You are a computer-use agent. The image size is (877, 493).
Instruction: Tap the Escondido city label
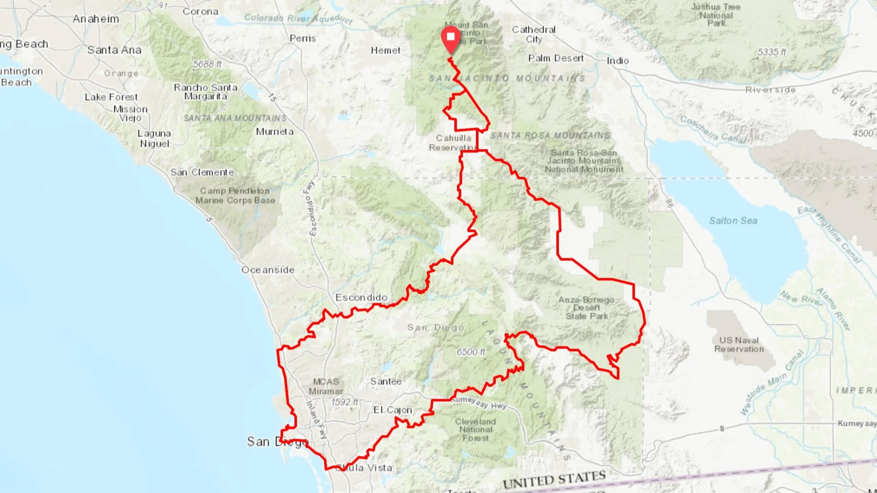coord(361,297)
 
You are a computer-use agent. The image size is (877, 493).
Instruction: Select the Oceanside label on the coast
coord(268,270)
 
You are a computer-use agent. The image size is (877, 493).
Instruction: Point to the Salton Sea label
coord(733,220)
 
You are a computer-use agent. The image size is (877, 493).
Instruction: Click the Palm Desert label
coord(556,58)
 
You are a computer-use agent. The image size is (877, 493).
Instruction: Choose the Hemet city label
coord(386,50)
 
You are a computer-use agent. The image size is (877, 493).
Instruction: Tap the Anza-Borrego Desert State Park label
coord(587,308)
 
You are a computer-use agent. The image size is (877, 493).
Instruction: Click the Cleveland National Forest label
coord(475,429)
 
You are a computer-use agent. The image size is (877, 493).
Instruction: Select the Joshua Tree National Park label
coord(716,15)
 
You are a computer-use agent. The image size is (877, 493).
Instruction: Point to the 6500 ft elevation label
coord(471,352)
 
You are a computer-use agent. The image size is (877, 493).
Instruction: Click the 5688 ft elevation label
coord(207,64)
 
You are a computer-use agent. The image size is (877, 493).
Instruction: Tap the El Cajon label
coord(392,410)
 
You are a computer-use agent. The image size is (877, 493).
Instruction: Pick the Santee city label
coord(386,381)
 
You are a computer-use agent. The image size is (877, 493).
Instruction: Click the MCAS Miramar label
coord(326,386)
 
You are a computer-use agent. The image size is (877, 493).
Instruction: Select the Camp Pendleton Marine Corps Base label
coord(235,195)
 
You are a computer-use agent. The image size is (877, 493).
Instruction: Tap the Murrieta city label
coord(274,131)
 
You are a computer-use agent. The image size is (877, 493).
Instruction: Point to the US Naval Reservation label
coord(739,344)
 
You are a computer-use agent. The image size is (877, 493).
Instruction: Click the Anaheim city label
coord(96,19)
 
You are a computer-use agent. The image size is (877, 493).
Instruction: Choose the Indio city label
coord(618,60)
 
